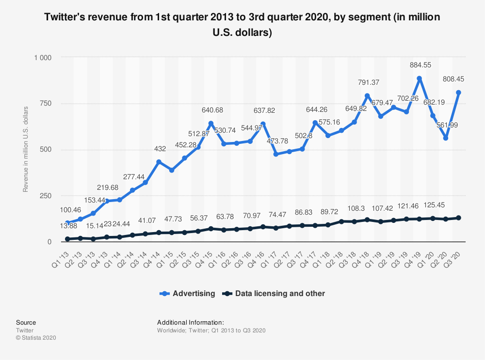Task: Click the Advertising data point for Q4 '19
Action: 419,78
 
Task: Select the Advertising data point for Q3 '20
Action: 458,93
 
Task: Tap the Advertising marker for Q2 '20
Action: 445,138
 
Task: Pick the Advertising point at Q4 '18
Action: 367,95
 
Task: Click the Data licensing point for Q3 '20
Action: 458,218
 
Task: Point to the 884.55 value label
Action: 420,65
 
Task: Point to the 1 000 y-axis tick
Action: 42,58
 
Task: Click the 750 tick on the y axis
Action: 45,104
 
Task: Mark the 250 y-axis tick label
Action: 45,196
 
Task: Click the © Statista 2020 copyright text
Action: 36,338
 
